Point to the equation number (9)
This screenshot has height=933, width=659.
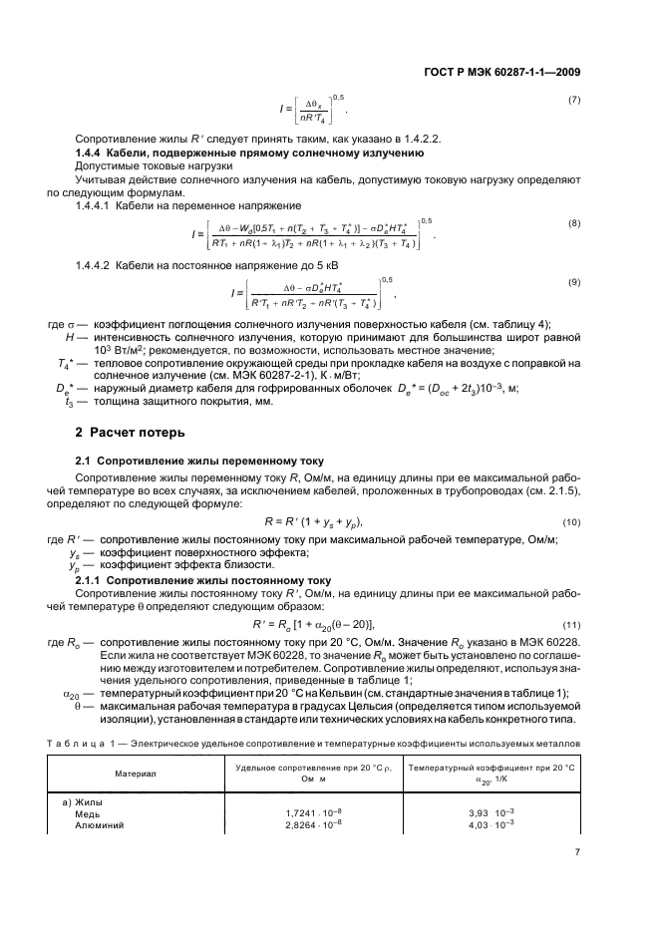click(x=574, y=284)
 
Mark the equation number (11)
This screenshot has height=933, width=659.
click(x=571, y=623)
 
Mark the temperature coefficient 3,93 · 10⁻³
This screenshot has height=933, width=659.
click(x=492, y=813)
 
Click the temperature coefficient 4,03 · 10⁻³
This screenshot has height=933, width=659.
click(x=492, y=825)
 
